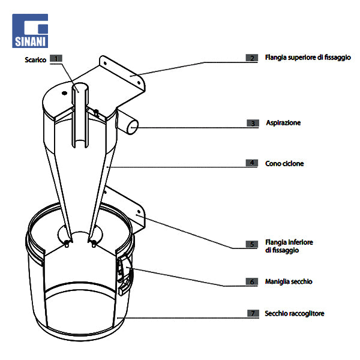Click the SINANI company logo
30,31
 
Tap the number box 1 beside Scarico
56,59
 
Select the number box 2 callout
252,58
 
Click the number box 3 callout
252,123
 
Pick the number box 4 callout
252,163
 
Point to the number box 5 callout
252,245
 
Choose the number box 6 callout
252,281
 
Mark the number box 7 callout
252,313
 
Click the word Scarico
35,59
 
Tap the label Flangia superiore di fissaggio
308,58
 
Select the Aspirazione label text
283,123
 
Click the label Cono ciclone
284,163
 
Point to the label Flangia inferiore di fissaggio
289,246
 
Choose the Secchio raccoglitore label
295,313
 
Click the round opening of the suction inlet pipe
133,126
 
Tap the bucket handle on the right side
125,273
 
